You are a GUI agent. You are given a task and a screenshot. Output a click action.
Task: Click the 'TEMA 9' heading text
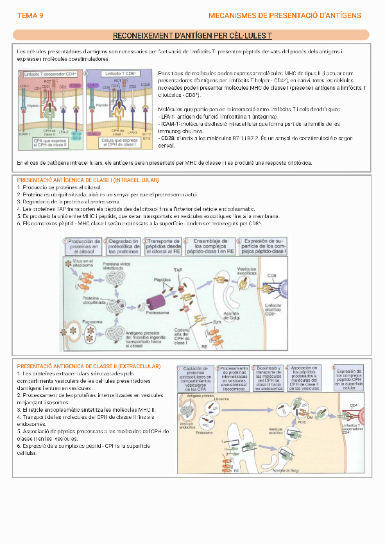point(30,15)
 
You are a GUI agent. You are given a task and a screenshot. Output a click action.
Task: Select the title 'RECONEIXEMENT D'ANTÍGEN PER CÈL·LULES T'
point(193,35)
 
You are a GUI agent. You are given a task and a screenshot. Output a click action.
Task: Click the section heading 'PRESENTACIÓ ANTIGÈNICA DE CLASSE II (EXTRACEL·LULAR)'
point(89,366)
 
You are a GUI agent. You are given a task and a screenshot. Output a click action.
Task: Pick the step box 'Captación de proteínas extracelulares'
point(196,378)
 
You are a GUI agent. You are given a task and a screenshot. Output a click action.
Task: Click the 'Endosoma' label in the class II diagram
point(204,432)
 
